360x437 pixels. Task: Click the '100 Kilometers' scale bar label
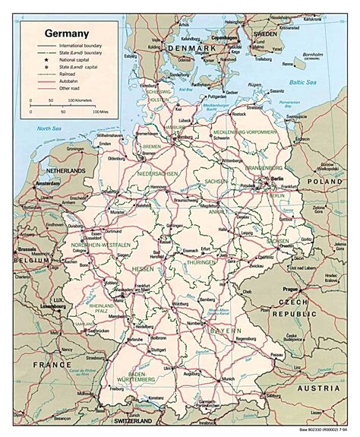(x=82, y=100)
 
